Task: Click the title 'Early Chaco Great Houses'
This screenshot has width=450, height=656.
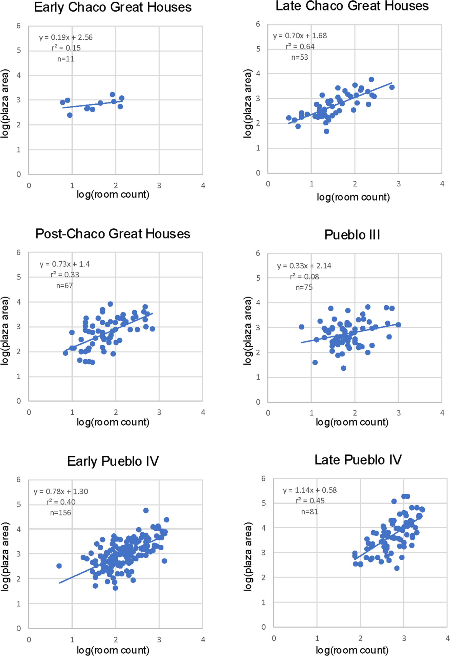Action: [113, 7]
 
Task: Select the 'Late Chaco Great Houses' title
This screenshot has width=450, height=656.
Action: [352, 6]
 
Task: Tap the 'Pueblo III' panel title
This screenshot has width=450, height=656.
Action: [352, 234]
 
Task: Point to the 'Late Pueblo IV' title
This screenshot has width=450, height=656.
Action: [358, 460]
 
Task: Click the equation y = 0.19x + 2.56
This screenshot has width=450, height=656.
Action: [66, 37]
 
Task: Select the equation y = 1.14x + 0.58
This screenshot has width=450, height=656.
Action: [310, 490]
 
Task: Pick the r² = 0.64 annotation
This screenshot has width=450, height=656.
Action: [300, 47]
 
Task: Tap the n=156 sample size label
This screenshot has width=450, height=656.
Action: [61, 513]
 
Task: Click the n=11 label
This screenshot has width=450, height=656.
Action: [66, 59]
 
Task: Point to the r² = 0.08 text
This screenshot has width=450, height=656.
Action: [304, 277]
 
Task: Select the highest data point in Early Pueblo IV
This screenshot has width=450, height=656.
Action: [146, 510]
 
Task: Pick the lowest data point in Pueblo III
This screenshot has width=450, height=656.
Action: [344, 368]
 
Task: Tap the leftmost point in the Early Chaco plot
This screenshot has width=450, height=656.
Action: [63, 102]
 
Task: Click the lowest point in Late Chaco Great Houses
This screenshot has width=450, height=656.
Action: [326, 131]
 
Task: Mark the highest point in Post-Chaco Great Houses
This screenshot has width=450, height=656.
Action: [110, 304]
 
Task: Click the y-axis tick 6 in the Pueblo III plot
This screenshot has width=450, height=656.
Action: [258, 253]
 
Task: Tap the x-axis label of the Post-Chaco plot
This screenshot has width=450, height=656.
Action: [113, 422]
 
